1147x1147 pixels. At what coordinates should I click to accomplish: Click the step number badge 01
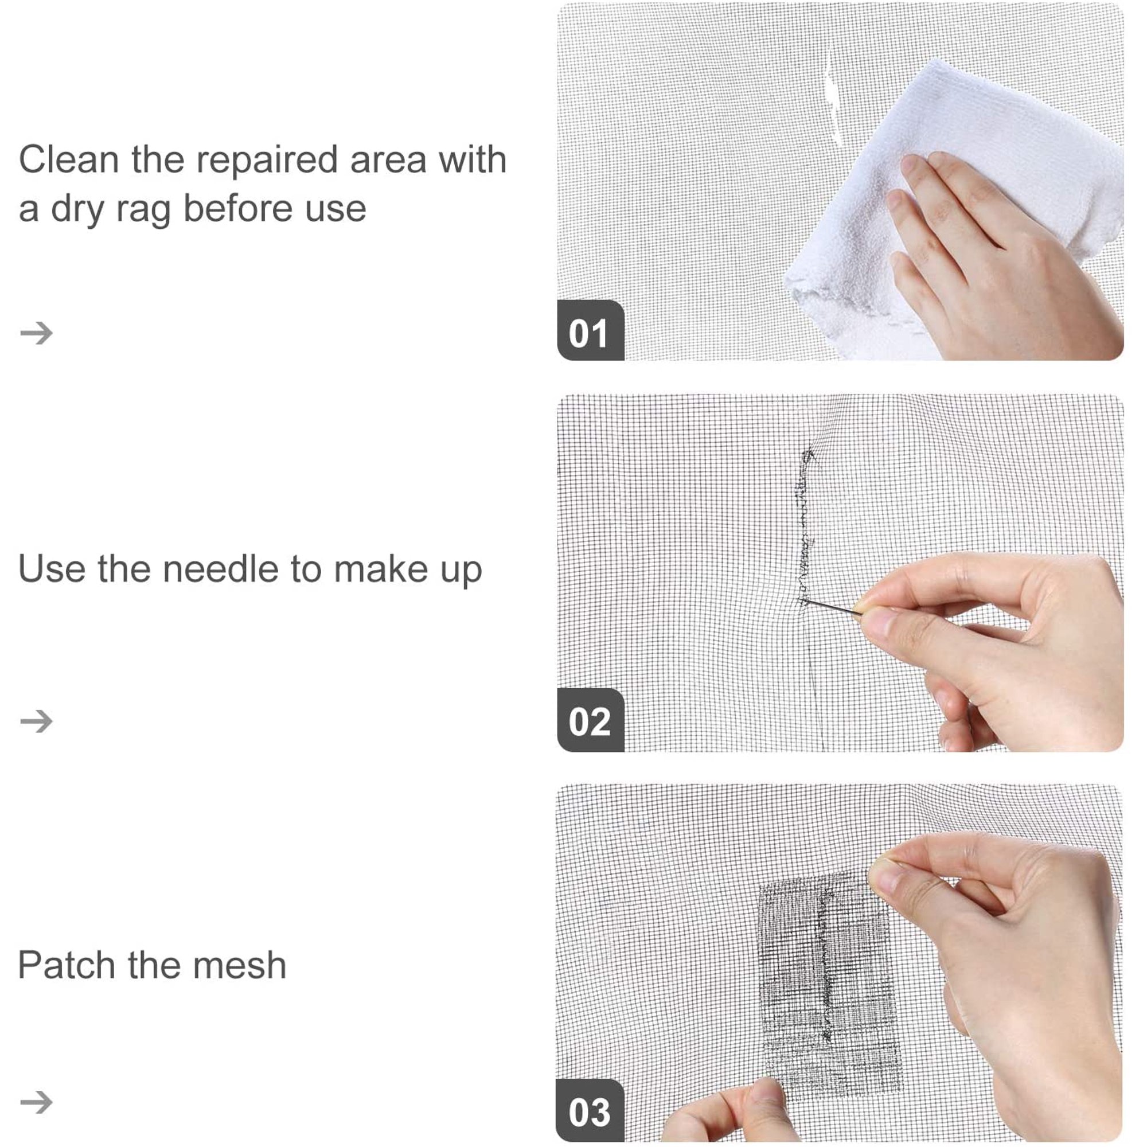point(590,331)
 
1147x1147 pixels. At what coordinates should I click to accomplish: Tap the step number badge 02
point(590,720)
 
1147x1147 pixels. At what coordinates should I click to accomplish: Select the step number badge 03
point(590,1111)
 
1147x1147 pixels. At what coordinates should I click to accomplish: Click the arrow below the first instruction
point(36,333)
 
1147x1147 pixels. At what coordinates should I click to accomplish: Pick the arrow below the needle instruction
point(36,721)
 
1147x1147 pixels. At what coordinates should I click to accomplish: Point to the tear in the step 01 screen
point(833,98)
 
